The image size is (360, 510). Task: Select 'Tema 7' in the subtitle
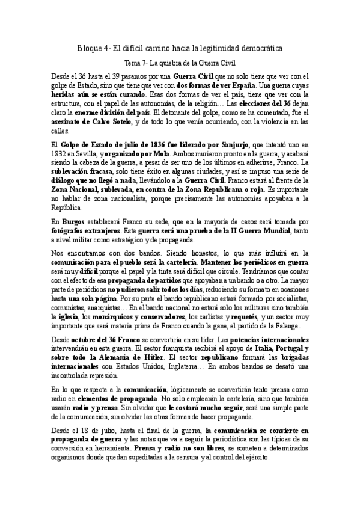(x=134, y=63)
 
